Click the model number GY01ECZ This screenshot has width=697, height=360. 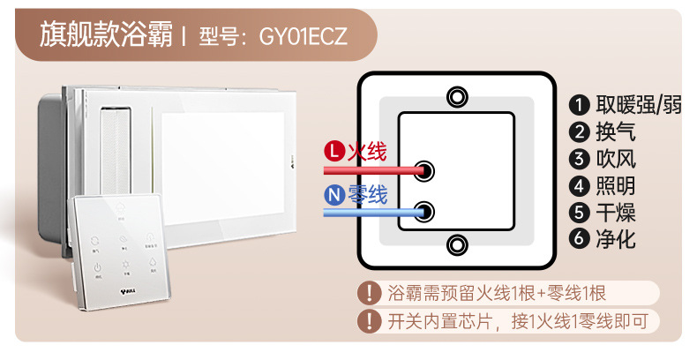coord(303,37)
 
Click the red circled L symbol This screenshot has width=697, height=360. coord(334,152)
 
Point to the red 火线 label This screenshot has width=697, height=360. coord(367,152)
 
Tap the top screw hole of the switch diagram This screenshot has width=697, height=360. coord(455,96)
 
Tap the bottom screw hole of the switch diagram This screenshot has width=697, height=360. coord(455,244)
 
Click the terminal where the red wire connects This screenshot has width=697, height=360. coord(424,170)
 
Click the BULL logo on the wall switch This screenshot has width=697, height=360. coord(129,287)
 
